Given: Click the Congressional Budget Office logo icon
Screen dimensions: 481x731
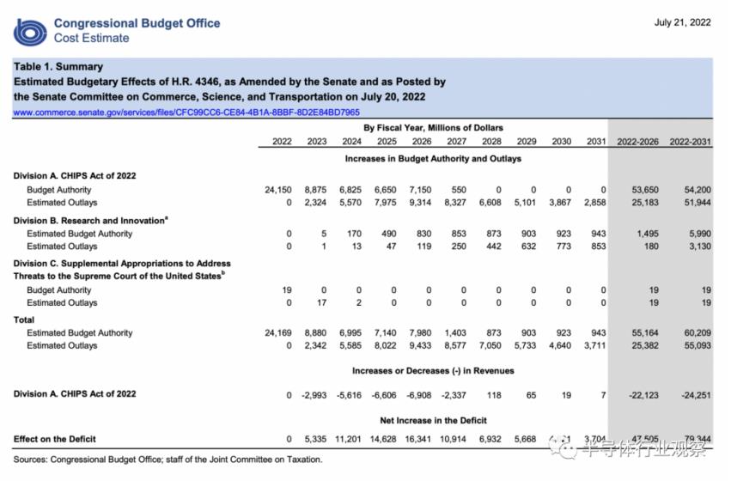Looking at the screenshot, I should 30,31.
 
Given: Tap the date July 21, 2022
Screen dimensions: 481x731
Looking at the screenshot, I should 682,23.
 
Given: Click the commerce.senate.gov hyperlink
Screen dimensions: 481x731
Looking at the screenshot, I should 186,113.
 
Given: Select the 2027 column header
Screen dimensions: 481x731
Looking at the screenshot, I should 457,142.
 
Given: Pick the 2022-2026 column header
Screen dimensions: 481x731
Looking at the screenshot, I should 638,142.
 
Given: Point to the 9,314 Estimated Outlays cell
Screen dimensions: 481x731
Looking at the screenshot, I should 420,203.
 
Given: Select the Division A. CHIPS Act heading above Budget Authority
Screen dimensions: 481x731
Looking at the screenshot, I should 75,176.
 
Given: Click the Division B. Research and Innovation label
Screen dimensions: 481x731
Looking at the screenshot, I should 90,221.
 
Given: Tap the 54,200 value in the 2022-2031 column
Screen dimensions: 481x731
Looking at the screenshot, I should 691,189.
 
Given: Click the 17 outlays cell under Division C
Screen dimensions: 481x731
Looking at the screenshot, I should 322,303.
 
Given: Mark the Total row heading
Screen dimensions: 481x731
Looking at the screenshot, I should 24,320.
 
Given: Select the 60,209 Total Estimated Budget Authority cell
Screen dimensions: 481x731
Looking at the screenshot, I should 691,333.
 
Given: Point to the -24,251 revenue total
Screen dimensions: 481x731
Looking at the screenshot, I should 691,394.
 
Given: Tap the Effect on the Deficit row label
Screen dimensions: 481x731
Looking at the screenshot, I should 55,439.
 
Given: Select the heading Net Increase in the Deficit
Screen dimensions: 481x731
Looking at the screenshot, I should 433,420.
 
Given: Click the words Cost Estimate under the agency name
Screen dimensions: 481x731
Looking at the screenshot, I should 91,38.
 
